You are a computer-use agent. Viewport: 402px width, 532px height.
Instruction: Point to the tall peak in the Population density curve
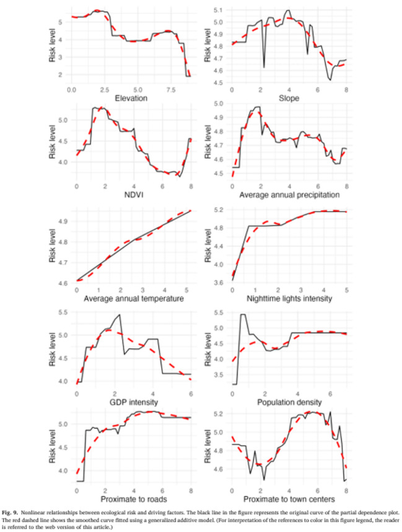click(242, 315)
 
